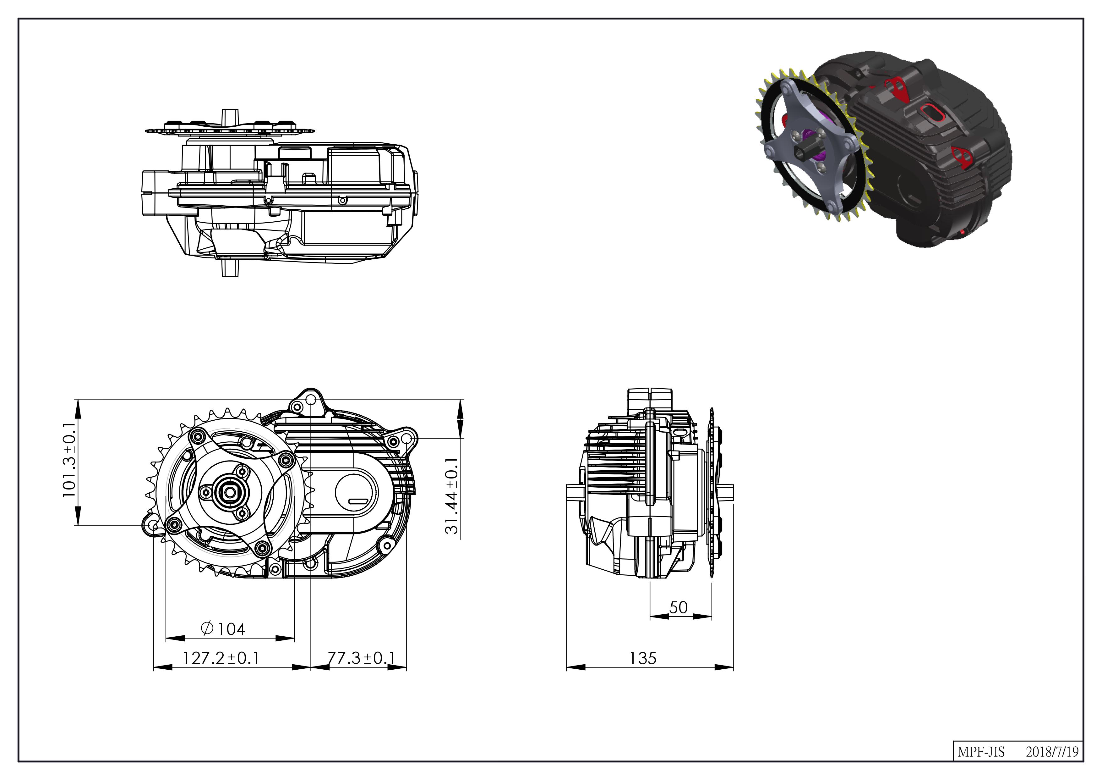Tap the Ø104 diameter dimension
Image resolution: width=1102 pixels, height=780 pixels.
click(223, 628)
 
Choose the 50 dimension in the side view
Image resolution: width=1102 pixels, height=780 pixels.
click(679, 608)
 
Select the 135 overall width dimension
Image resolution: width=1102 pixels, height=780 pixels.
click(643, 658)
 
